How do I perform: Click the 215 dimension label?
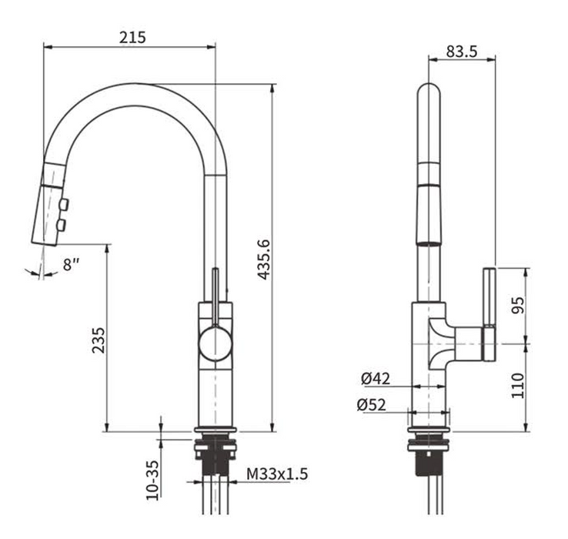point(132,37)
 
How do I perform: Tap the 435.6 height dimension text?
point(264,259)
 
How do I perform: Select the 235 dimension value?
point(99,340)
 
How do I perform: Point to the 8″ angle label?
point(71,265)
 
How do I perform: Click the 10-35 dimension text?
point(152,480)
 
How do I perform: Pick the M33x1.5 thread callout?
point(277,474)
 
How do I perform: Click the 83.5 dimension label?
point(462,52)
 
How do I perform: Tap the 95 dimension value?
point(518,305)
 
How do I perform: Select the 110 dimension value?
point(518,385)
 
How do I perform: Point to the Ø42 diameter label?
point(376,379)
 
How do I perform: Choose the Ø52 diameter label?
point(371,404)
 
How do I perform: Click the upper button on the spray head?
point(64,205)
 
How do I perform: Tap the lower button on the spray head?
point(62,225)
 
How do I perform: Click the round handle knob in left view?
point(215,343)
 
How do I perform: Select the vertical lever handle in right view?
point(489,315)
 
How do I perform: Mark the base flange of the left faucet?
point(216,430)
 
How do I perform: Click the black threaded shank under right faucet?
point(429,464)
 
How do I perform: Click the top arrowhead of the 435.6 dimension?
point(272,89)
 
